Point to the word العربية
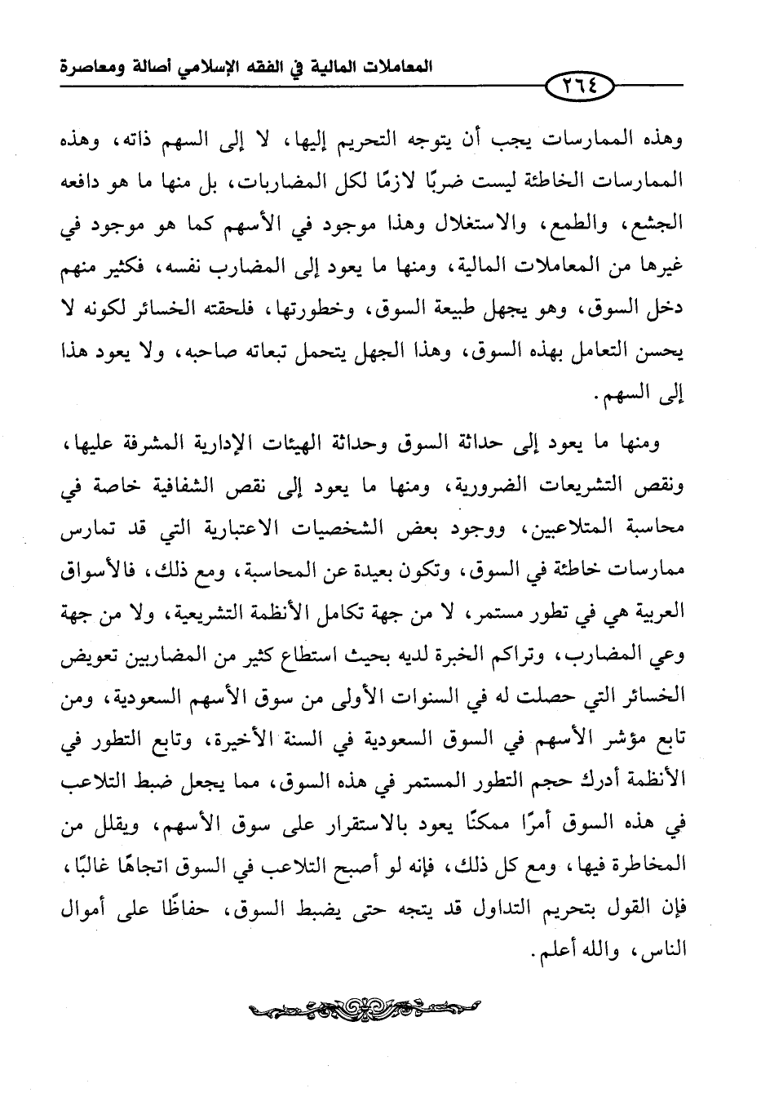point(657,615)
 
